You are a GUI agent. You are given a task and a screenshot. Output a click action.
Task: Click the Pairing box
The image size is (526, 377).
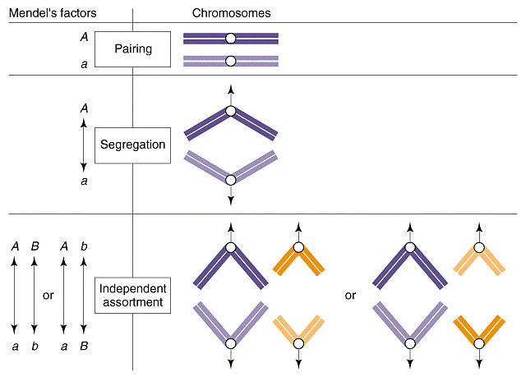[x=132, y=49]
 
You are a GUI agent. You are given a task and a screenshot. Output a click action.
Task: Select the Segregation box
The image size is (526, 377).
[x=132, y=145]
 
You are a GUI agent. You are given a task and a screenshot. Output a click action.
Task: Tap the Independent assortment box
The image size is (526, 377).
[x=132, y=295]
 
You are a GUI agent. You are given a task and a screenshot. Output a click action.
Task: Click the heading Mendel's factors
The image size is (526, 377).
[x=53, y=13]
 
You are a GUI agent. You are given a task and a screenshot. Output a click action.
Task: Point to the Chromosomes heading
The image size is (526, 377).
[x=232, y=13]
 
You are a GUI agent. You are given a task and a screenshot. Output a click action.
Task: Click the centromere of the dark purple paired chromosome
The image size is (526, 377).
[x=230, y=39]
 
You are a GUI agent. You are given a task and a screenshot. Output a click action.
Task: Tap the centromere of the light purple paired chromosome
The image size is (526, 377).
[x=230, y=61]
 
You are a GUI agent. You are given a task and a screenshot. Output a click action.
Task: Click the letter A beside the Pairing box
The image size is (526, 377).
[x=84, y=36]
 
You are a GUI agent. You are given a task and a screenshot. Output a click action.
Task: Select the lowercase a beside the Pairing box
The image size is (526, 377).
[x=84, y=64]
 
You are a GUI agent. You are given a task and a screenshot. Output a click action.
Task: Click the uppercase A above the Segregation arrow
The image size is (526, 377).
[x=84, y=108]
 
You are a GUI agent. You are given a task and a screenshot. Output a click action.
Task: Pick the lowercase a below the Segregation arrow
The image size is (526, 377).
[x=84, y=181]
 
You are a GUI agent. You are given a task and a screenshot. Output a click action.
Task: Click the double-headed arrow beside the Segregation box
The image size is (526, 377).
[x=84, y=145]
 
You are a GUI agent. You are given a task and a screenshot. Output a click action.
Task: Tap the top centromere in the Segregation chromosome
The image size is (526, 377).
[x=230, y=111]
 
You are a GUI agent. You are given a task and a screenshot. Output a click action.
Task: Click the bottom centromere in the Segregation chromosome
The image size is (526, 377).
[x=230, y=181]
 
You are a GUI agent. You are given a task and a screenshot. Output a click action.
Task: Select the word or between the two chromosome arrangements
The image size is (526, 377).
[x=350, y=295]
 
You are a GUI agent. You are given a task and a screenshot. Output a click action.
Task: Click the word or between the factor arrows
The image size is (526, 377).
[x=48, y=295]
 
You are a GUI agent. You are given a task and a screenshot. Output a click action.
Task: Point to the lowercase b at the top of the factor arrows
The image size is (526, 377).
[x=84, y=246]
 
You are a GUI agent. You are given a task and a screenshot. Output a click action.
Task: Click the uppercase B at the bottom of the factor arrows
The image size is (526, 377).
[x=84, y=346]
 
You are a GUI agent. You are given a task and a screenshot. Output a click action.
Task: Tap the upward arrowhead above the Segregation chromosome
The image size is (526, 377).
[x=230, y=90]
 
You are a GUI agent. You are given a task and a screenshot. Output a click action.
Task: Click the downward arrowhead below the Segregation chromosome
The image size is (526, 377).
[x=230, y=200]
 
